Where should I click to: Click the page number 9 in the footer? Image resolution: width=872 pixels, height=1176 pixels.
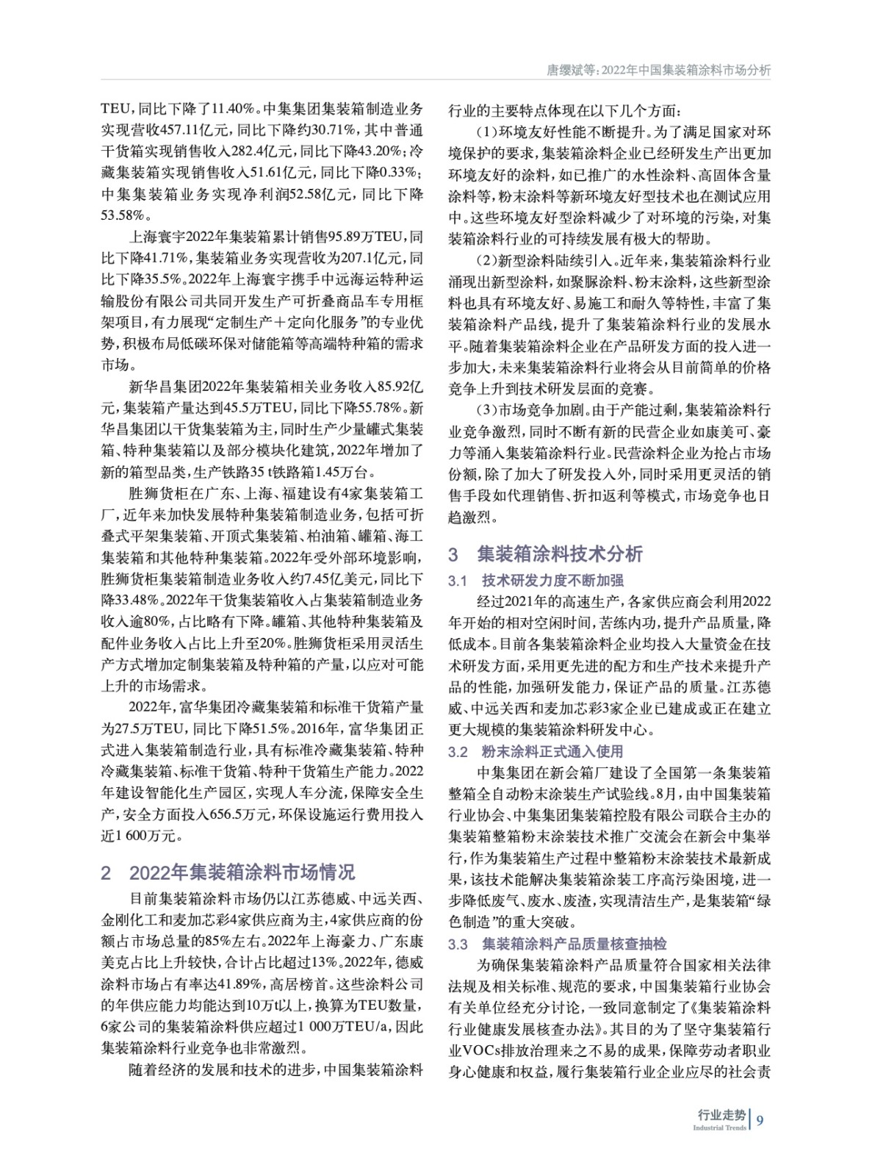760,1120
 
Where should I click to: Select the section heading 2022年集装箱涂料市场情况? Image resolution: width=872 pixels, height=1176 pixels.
242,872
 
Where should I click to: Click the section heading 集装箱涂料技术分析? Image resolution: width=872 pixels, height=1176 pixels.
560,553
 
